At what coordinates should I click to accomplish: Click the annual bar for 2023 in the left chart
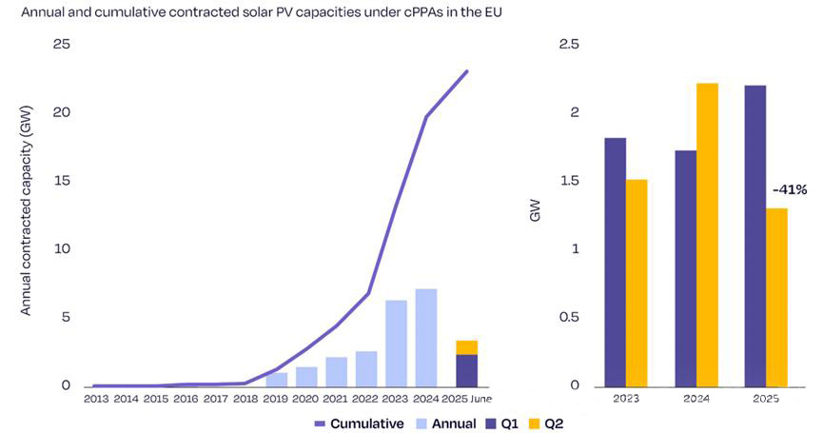(396, 343)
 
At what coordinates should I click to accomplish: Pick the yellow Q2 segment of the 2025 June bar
(466, 347)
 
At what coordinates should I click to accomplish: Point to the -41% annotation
(789, 190)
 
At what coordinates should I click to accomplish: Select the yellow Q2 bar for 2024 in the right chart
(707, 234)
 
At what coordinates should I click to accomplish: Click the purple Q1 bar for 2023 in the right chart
(615, 262)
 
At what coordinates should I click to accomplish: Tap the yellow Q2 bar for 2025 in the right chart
(776, 296)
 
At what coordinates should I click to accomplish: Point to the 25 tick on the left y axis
(63, 45)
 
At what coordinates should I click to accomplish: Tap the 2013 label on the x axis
(96, 398)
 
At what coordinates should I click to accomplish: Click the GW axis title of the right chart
(535, 216)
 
